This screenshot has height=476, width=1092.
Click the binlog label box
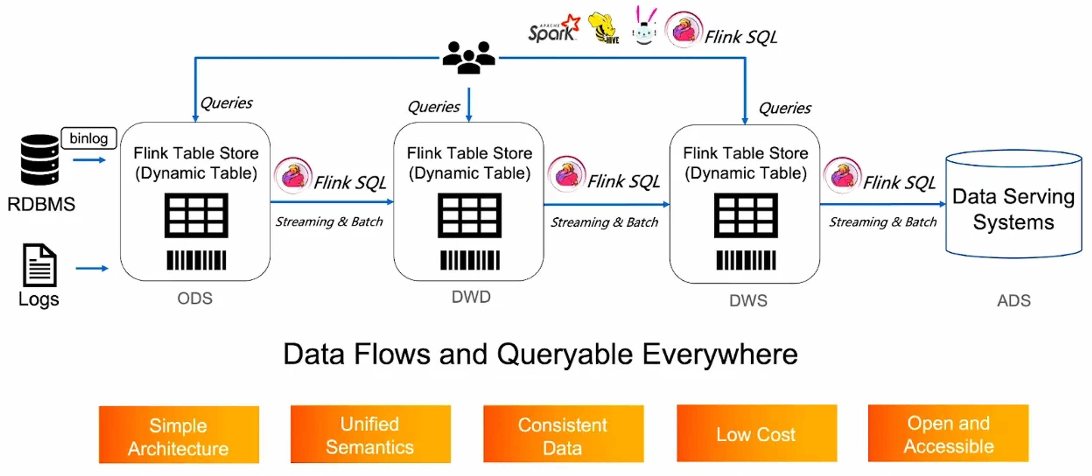click(89, 138)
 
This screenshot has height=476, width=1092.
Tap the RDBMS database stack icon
click(40, 160)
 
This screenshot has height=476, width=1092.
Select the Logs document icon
click(40, 265)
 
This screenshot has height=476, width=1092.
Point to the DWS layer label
click(748, 301)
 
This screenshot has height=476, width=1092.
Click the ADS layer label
click(1014, 301)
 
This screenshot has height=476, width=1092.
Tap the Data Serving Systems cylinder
click(1014, 204)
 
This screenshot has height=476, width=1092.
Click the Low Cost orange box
click(757, 433)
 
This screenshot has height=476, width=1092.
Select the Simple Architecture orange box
click(179, 434)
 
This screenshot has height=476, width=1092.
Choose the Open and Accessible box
click(948, 433)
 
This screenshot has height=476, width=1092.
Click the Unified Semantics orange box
click(371, 434)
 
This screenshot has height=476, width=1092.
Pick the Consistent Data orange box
click(563, 434)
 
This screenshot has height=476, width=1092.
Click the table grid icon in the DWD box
click(469, 215)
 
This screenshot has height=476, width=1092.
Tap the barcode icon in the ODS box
click(196, 260)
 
